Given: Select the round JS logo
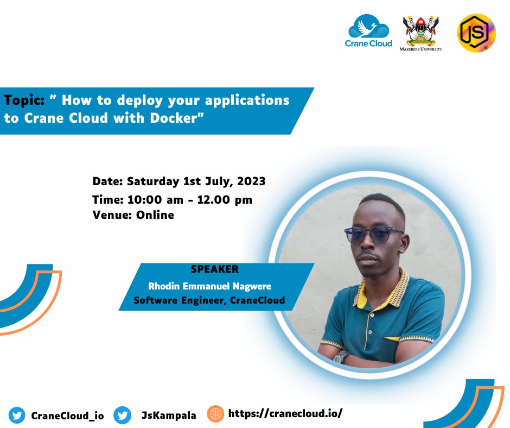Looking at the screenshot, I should point(476,33).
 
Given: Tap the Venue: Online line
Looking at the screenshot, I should point(133,215).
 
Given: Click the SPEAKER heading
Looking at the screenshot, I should point(214,269).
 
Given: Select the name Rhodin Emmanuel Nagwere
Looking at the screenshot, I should point(209,286).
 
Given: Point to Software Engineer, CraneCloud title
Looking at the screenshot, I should point(209,300).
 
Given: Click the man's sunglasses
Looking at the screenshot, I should point(374,235).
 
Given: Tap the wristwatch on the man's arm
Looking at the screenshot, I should point(341,357).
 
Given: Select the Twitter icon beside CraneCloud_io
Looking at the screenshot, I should point(17,416).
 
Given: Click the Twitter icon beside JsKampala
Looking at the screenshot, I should point(123,416).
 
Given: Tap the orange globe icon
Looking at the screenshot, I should point(215,414).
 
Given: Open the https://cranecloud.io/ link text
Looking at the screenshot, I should point(285,413).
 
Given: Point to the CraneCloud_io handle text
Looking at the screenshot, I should point(67,416).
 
